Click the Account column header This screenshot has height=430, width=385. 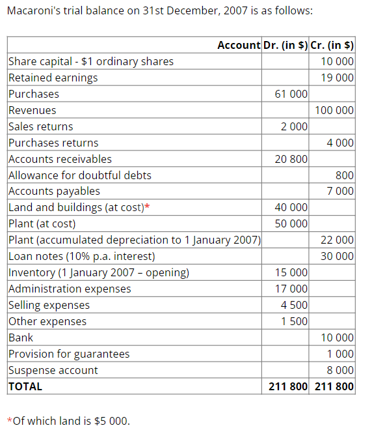coord(238,45)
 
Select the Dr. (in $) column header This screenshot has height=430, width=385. coord(285,45)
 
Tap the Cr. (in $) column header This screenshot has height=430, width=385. coord(332,45)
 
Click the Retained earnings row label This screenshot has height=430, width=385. coord(53,78)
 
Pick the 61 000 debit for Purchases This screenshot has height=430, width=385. coord(291,94)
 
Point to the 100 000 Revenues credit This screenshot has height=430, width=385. coord(334,110)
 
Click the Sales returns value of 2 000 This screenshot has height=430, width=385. coord(294,126)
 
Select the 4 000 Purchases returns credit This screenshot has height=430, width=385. coord(341,143)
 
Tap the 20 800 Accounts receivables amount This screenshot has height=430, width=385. coord(291,159)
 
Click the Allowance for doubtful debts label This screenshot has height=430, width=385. coord(79,175)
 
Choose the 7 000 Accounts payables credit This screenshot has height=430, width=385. coord(341,191)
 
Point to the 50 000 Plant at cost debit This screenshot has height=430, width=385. coord(291,223)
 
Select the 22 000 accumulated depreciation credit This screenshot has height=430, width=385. coord(338,240)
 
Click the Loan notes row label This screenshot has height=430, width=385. coord(81,256)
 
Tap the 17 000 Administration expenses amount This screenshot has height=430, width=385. coord(291,289)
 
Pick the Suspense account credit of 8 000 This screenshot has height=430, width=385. coord(341,370)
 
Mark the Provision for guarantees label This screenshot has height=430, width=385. coord(68,354)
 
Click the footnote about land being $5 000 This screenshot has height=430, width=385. coord(68,420)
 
